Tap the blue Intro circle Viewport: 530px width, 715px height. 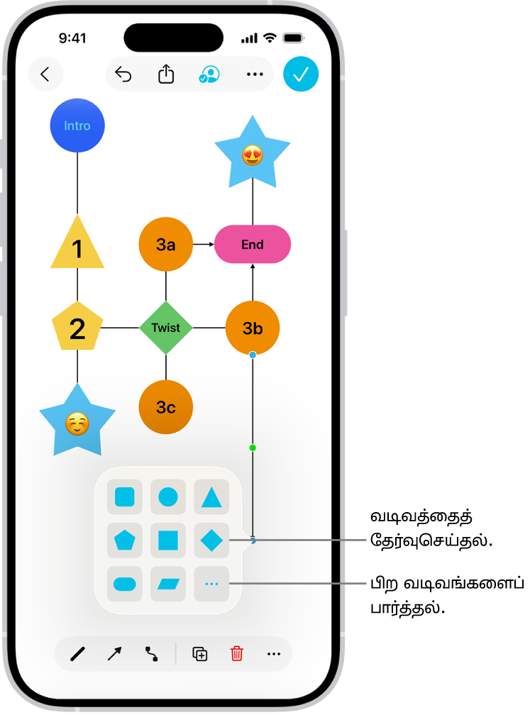[77, 126]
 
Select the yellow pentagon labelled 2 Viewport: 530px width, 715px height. [77, 328]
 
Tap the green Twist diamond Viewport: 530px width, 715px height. [166, 328]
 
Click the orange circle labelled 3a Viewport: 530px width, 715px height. [166, 245]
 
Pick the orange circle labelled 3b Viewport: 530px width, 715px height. [253, 328]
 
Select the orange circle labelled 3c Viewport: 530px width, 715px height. [166, 407]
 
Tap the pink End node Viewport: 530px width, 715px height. [253, 245]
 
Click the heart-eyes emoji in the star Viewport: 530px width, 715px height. [253, 155]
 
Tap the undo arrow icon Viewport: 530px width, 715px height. [123, 74]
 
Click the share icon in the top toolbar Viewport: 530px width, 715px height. [166, 74]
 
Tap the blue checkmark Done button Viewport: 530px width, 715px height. [301, 74]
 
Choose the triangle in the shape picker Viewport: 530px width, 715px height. [211, 497]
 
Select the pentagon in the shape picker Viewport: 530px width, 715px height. [125, 541]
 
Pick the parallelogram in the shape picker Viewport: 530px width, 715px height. [168, 584]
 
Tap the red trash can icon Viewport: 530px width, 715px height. [237, 654]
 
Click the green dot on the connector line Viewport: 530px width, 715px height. [253, 448]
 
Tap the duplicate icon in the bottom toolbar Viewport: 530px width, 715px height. [200, 654]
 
